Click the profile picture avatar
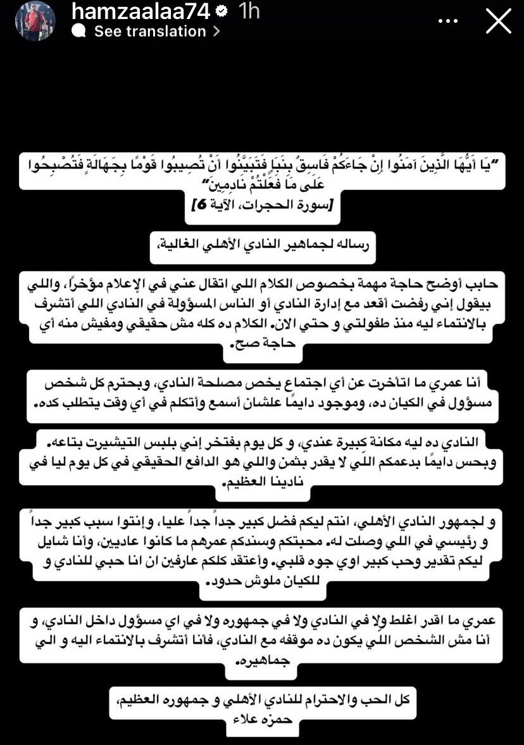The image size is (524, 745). coord(35,21)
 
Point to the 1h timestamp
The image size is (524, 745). coord(249,11)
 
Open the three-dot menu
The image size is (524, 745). coord(447,21)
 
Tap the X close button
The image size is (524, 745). coord(498,21)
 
